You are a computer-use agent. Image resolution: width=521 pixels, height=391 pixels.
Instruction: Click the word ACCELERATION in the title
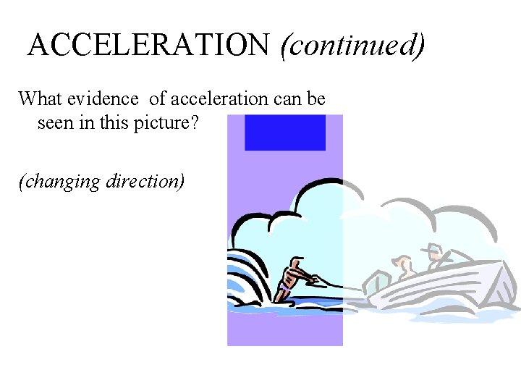coord(148,46)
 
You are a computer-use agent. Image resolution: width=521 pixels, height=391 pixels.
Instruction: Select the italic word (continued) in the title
coord(352,46)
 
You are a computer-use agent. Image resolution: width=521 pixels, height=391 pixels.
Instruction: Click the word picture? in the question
coord(168,123)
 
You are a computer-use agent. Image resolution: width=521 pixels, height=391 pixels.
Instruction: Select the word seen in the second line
coord(55,123)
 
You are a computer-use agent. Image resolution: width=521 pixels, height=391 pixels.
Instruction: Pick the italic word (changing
coord(60,181)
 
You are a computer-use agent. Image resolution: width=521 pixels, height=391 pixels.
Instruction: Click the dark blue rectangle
coord(284,133)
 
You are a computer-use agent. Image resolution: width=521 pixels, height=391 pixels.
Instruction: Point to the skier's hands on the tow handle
coord(315,278)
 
